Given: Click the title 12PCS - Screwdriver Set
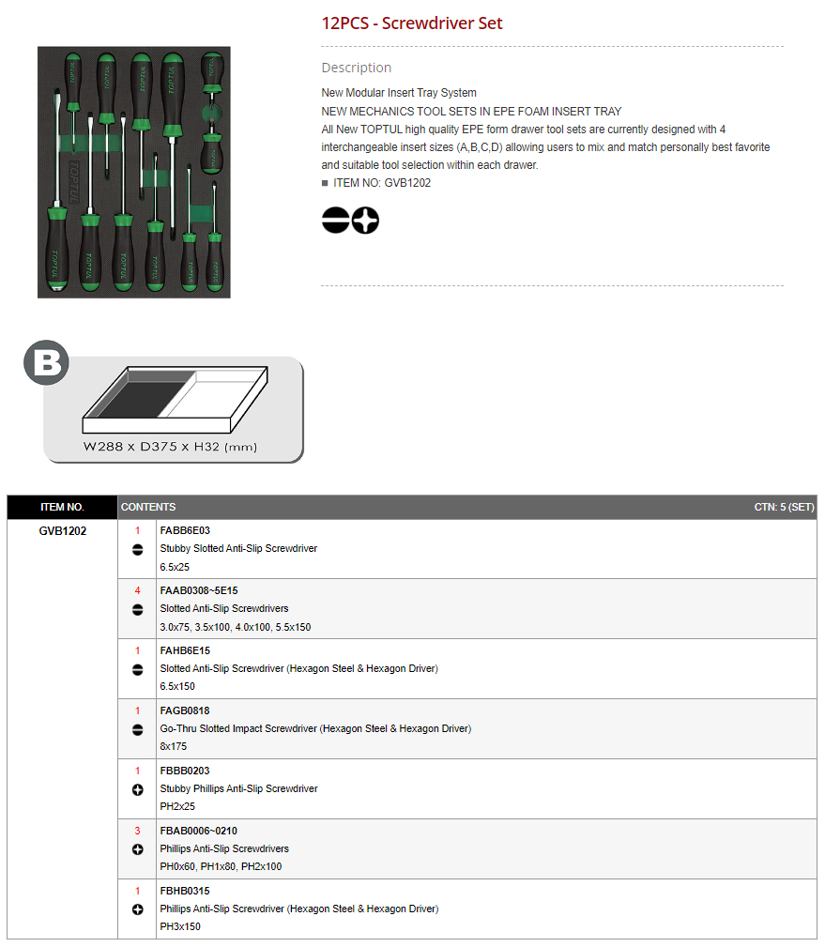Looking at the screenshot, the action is coord(412,23).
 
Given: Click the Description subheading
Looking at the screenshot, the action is coord(357,68).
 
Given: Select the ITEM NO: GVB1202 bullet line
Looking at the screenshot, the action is coord(376,183).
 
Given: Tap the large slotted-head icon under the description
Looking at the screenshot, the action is coord(336,220).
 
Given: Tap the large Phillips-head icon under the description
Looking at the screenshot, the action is coord(365,220).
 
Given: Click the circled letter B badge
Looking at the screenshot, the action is coord(47,362).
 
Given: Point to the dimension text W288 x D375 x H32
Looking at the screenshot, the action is coord(170,447).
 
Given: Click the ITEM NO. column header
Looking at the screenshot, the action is coord(62,508).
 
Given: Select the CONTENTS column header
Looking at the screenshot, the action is coord(148,508).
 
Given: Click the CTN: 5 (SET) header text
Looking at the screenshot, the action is coord(784,508).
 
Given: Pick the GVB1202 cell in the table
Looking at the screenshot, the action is coord(63,531).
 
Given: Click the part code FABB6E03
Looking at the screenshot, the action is coord(185,530).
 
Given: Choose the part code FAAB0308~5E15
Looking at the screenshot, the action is coord(199,590).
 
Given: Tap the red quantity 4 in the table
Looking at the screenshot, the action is coord(138,590).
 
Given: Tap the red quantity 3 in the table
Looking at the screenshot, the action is coord(138,831).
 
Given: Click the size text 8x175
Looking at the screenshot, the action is coord(174,746).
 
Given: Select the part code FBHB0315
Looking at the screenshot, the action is coord(185,891).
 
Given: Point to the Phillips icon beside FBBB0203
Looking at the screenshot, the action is coord(138,790).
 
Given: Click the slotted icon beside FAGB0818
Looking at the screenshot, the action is coord(138,730).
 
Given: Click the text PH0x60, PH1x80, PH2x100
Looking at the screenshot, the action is coord(221,866).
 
